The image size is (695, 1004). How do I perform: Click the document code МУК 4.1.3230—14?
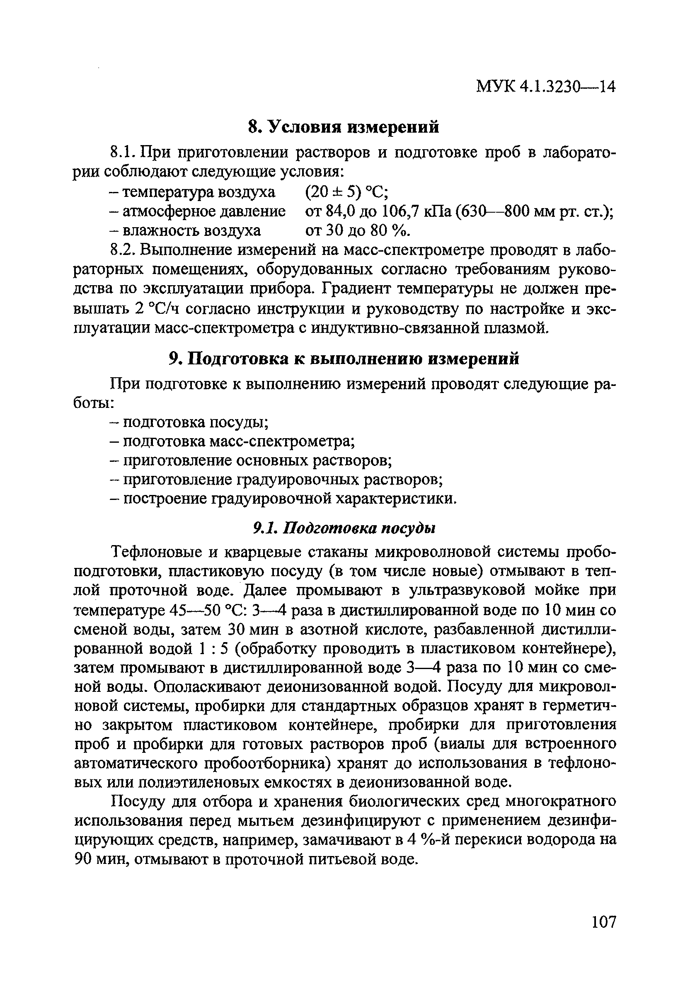pos(546,87)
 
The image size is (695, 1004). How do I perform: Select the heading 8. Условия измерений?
pos(344,127)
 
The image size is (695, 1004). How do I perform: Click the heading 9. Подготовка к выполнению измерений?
pos(344,359)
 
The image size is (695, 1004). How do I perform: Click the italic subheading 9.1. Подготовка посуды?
pos(344,529)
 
